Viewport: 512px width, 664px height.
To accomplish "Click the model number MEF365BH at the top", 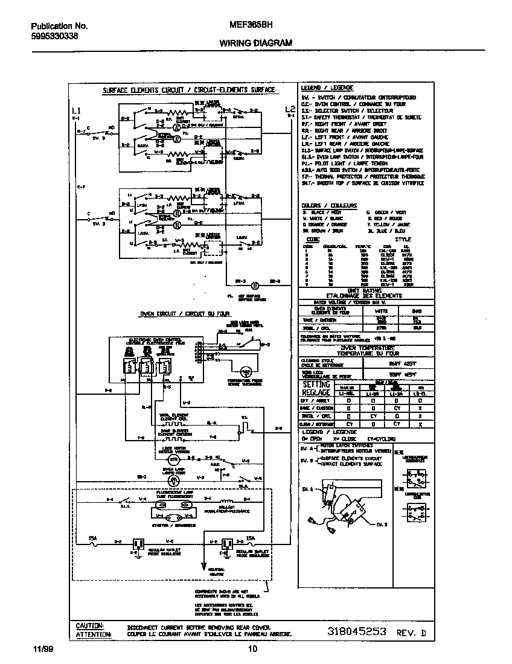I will coord(251,26).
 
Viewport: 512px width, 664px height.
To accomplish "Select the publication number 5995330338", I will coord(54,36).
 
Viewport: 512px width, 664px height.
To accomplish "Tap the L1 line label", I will coord(75,110).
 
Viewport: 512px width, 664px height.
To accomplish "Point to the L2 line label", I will coord(290,109).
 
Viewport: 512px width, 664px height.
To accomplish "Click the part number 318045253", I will coord(356,632).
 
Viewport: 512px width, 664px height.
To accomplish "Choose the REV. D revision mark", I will coord(411,633).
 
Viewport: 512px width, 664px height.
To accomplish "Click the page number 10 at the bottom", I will coord(252,650).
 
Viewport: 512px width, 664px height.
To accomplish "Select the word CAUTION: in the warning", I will coord(89,626).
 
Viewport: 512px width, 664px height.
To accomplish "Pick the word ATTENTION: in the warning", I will coord(93,634).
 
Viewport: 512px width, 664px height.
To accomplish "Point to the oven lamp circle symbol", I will coord(173,480).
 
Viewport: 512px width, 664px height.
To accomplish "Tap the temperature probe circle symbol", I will coord(246,372).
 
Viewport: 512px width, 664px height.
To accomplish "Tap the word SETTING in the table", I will coord(316,385).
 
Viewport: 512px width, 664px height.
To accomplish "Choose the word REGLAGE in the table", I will coord(316,392).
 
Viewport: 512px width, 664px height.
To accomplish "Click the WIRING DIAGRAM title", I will coord(255,43).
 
